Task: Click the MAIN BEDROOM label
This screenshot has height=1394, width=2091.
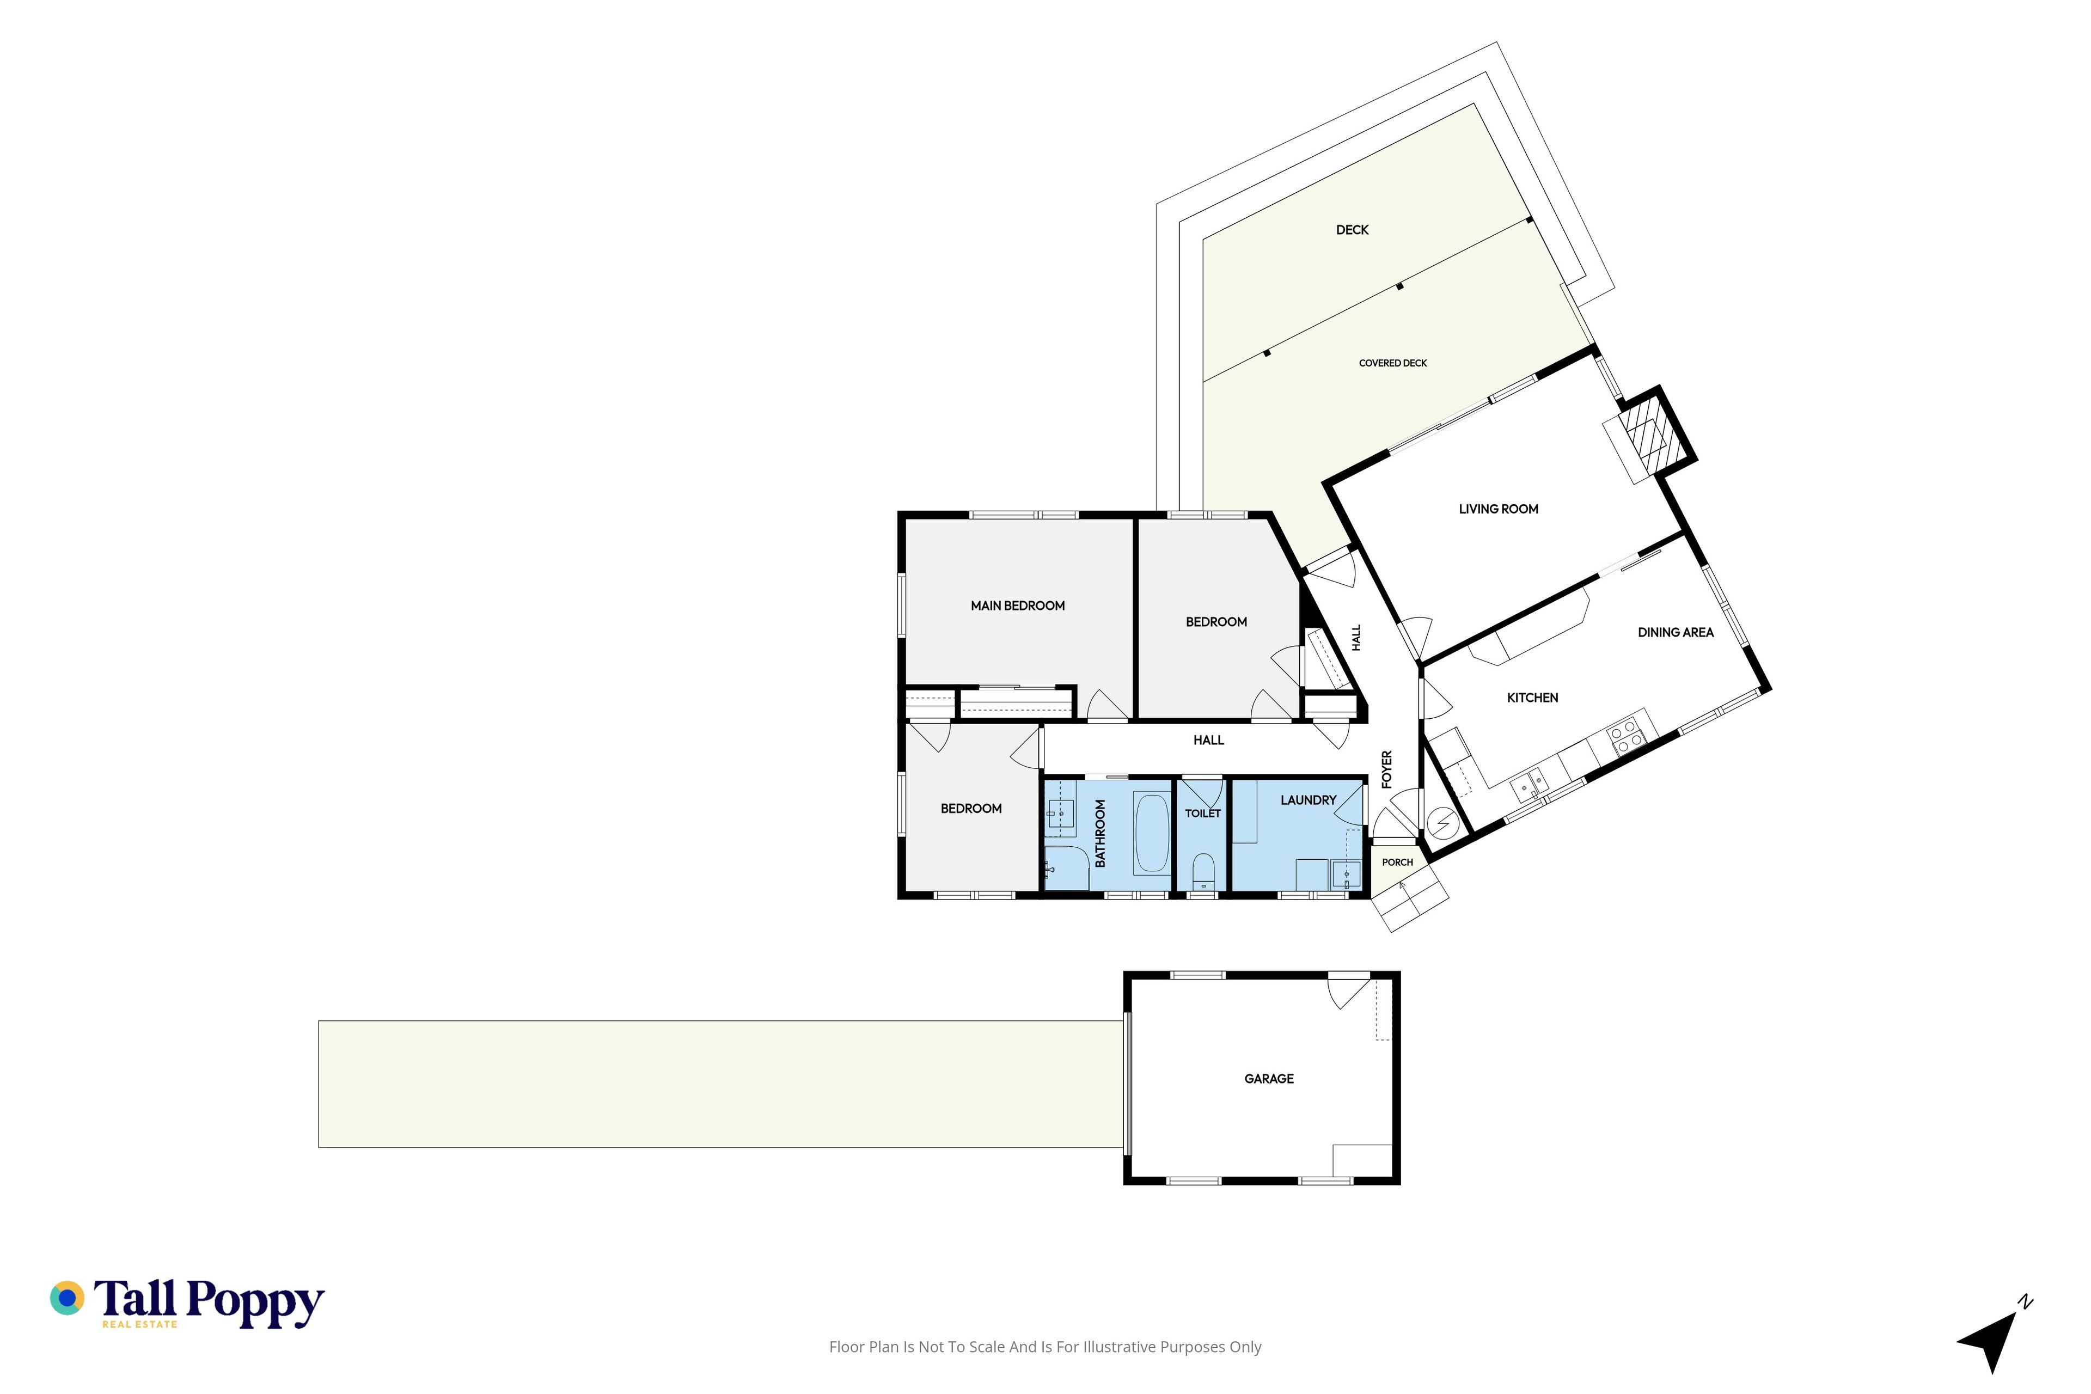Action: tap(1017, 606)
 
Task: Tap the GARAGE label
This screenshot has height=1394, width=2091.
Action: tap(1269, 1078)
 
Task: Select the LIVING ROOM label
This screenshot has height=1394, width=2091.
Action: tap(1498, 509)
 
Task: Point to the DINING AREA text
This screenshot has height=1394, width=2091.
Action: tap(1675, 632)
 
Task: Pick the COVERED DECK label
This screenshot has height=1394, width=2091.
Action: tap(1392, 363)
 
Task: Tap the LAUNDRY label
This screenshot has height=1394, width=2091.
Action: tap(1308, 800)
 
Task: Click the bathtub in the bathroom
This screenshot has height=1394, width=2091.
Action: tap(1152, 833)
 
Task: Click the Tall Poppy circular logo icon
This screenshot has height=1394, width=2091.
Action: tap(66, 1298)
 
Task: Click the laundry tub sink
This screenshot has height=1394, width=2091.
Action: tap(1346, 875)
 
